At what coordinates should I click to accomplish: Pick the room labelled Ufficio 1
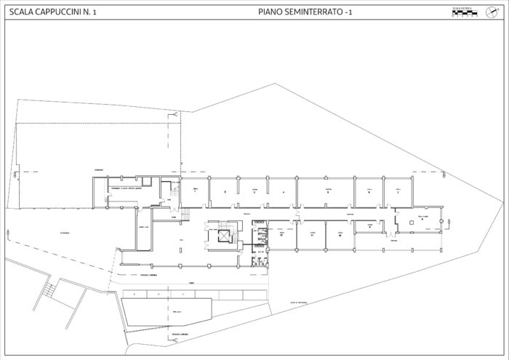click(195, 192)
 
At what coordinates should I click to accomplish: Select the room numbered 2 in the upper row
click(225, 192)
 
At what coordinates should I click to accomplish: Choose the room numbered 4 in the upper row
click(282, 192)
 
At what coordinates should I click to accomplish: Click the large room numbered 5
click(327, 192)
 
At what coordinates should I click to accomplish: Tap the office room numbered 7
click(398, 192)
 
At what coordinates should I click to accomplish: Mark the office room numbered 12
click(281, 234)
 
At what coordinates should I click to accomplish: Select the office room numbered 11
click(311, 234)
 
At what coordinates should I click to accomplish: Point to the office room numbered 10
click(340, 234)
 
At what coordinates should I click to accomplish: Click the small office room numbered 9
click(370, 227)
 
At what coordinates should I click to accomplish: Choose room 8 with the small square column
click(420, 218)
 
